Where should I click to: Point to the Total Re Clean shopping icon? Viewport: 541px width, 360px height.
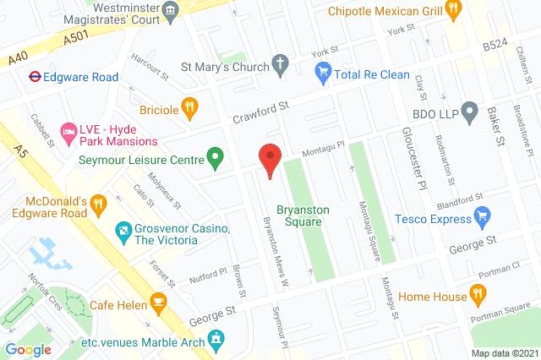tap(322, 74)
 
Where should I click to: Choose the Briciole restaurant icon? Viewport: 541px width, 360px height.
tap(190, 108)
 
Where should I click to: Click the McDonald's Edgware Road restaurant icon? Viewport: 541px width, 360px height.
tap(99, 203)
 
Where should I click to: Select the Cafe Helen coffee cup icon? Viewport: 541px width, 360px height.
tap(158, 302)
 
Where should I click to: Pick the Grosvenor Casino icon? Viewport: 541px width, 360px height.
tap(123, 230)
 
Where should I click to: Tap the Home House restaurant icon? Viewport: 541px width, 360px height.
tap(478, 296)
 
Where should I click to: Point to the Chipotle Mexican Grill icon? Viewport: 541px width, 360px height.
tap(453, 11)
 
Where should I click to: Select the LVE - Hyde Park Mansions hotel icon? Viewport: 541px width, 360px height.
tap(69, 132)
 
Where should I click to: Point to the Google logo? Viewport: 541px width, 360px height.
tap(29, 350)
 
